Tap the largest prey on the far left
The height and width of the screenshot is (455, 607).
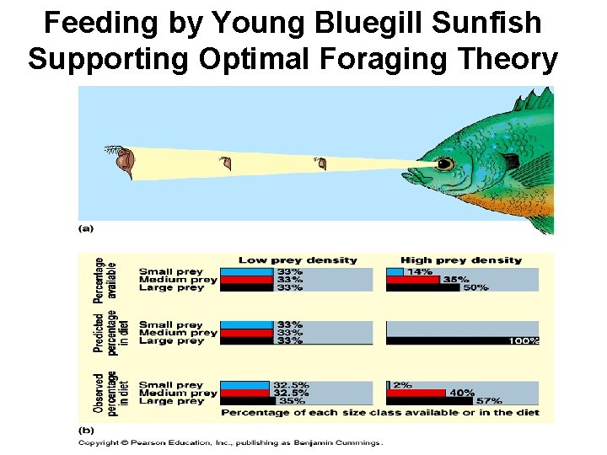122,161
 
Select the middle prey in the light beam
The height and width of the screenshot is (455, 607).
224,162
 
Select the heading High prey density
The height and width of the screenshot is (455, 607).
461,260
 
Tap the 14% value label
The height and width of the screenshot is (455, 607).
420,271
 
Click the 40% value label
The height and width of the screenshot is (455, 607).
461,393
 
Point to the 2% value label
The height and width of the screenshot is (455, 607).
402,384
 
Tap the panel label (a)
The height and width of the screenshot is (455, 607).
86,227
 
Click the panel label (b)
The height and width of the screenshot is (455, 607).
86,429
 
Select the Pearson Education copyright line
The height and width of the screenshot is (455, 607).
230,442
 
